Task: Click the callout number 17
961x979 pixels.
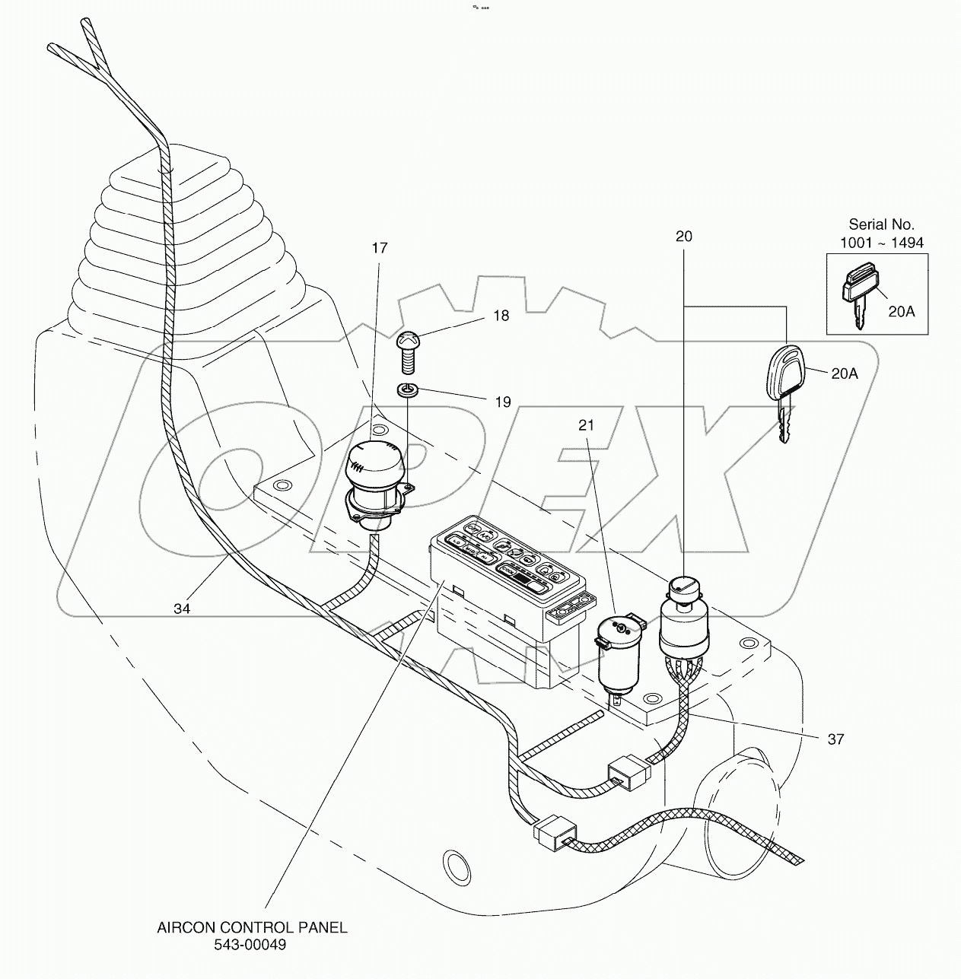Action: click(x=380, y=248)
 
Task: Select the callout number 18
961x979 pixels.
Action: click(x=501, y=315)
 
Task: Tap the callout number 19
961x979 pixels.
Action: click(x=503, y=402)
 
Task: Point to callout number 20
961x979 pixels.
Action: click(x=684, y=237)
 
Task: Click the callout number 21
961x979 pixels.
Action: click(x=586, y=425)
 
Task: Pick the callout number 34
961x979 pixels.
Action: click(x=181, y=608)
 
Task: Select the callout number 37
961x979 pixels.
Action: click(x=835, y=739)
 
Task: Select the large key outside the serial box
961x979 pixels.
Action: click(x=781, y=388)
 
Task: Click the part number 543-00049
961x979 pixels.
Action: click(x=252, y=945)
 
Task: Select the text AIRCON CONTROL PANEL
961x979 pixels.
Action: click(x=252, y=927)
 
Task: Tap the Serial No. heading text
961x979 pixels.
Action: click(x=881, y=224)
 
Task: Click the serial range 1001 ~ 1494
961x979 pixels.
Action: click(x=881, y=243)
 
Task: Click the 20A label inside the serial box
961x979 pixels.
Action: click(x=902, y=310)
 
